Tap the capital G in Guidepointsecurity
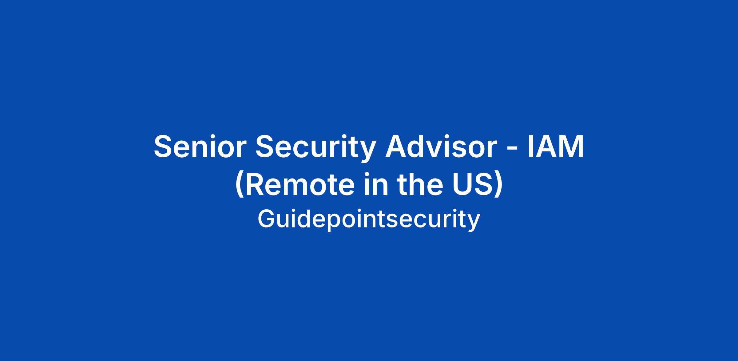click(266, 219)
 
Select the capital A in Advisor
click(396, 146)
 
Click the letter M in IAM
click(571, 146)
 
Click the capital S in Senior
click(163, 146)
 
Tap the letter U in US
click(463, 185)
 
